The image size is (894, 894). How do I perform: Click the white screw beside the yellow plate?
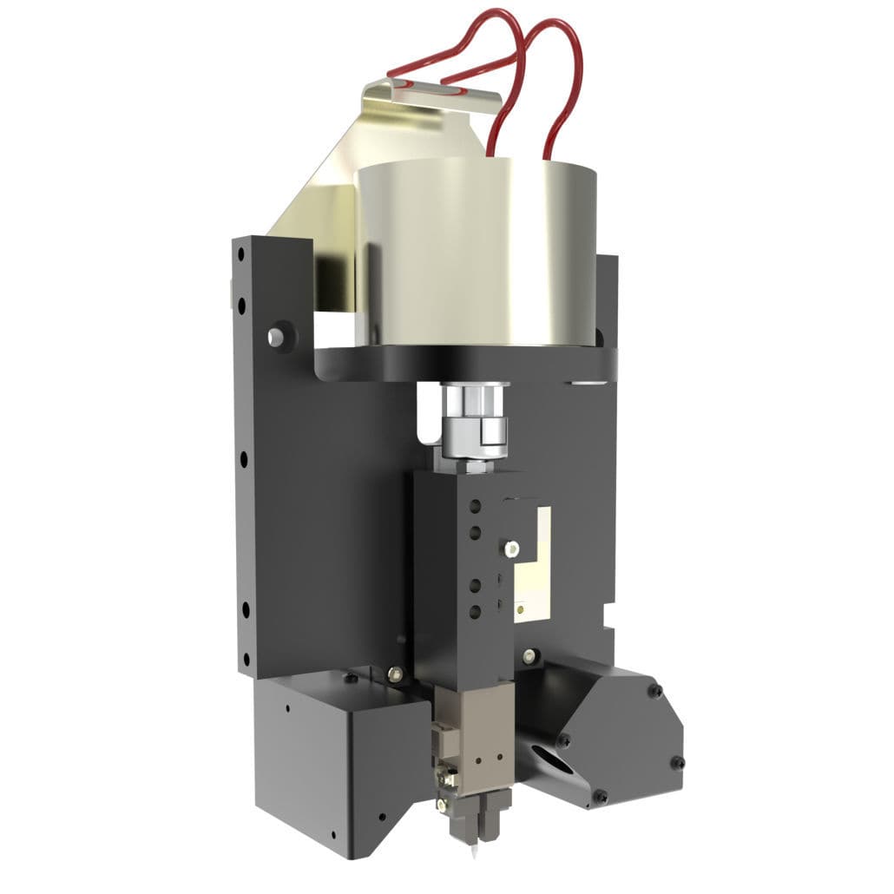(512, 548)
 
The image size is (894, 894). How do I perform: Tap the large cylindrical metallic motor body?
(476, 252)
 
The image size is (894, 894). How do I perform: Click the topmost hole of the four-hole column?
(475, 507)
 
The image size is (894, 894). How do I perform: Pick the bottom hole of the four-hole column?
(475, 612)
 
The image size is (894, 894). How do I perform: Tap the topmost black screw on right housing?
(656, 692)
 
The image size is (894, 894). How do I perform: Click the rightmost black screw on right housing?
(677, 762)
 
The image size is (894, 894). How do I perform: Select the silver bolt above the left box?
(395, 671)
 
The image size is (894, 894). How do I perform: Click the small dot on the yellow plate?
(520, 609)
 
